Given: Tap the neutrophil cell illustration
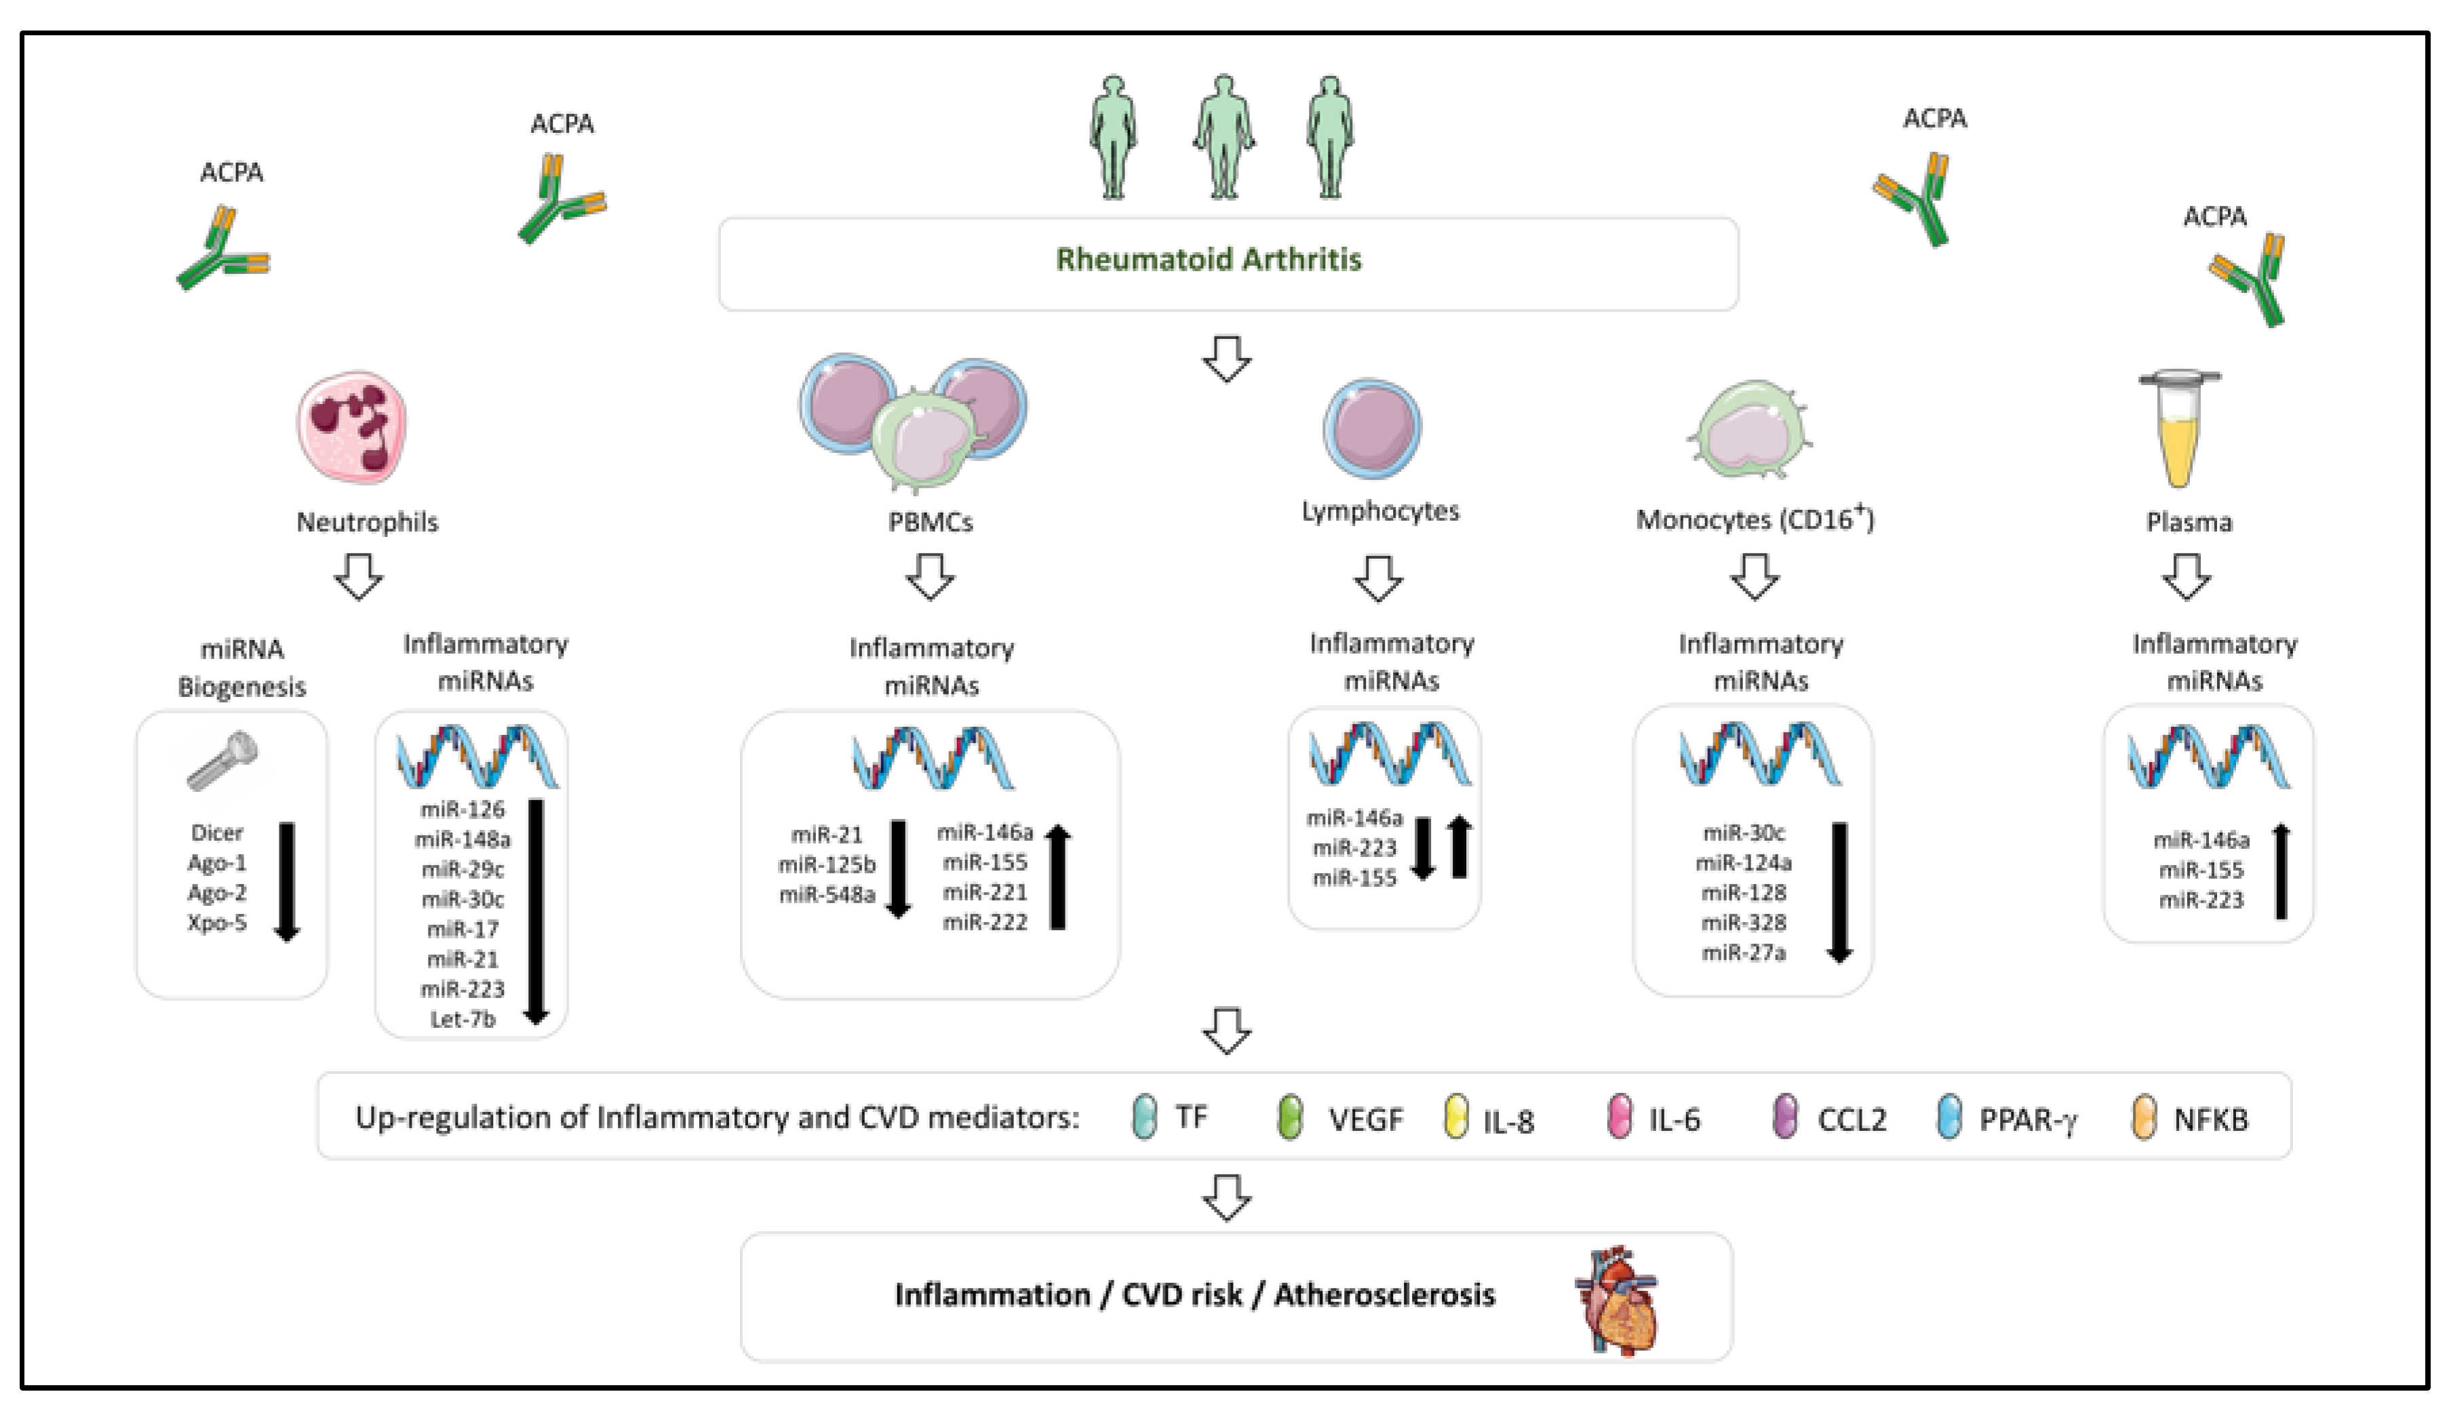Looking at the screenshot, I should pos(351,427).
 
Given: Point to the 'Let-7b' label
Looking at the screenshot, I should pos(463,1020).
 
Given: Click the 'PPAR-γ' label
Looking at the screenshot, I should pos(2029,1120).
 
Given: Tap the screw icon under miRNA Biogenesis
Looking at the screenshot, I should pos(222,762).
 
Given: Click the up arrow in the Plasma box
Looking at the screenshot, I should pos(2281,871).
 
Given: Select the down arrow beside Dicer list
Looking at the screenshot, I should pos(286,881).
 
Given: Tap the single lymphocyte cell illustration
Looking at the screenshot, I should pos(1371,428).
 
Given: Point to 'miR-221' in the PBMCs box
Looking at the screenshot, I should pos(984,892).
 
